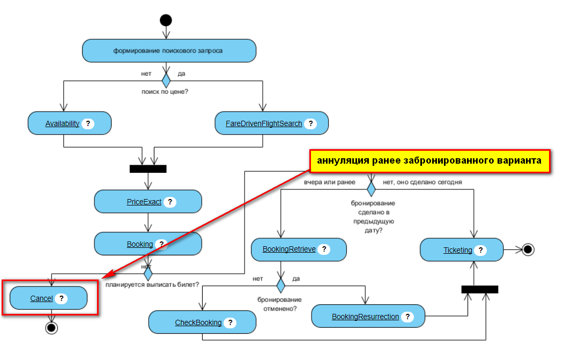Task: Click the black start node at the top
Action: (166, 20)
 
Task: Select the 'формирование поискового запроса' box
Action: (169, 51)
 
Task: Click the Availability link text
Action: (62, 123)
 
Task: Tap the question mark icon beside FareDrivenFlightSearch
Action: (309, 123)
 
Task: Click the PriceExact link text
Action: (144, 202)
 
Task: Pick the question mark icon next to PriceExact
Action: (170, 202)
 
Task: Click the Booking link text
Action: (139, 244)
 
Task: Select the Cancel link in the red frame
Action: (41, 298)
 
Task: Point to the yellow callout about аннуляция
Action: (429, 161)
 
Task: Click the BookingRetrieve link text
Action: (289, 249)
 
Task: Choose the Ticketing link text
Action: (457, 250)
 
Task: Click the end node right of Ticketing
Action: (528, 249)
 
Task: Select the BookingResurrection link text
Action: (365, 317)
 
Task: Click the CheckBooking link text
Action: (198, 322)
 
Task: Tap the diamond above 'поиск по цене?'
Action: (166, 80)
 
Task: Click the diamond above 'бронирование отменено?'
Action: (281, 285)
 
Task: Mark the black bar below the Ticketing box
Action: (479, 289)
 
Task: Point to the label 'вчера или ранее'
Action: (329, 182)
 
